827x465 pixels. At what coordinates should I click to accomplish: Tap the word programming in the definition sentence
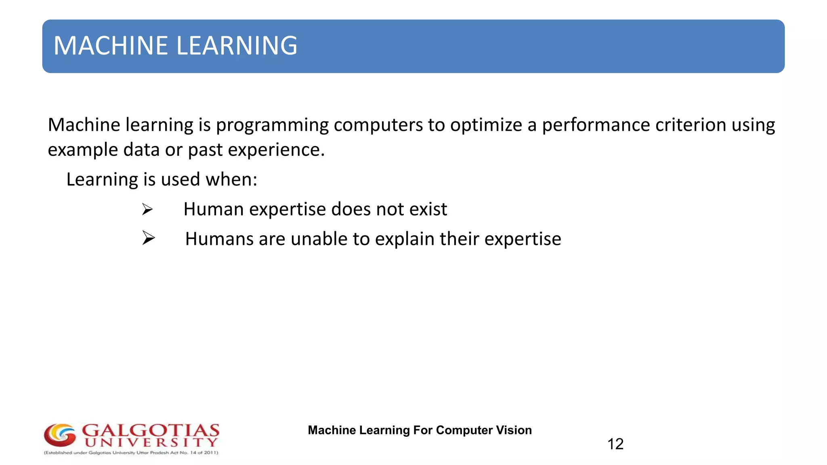point(272,126)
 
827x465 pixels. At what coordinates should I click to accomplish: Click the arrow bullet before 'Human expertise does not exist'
point(147,209)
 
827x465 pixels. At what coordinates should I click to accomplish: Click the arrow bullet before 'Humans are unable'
point(149,238)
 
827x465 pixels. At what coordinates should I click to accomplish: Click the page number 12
point(615,444)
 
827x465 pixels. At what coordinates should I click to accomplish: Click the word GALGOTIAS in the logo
point(151,430)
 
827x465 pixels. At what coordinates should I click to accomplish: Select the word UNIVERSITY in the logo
point(151,443)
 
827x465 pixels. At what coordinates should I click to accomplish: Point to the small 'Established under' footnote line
point(131,453)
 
